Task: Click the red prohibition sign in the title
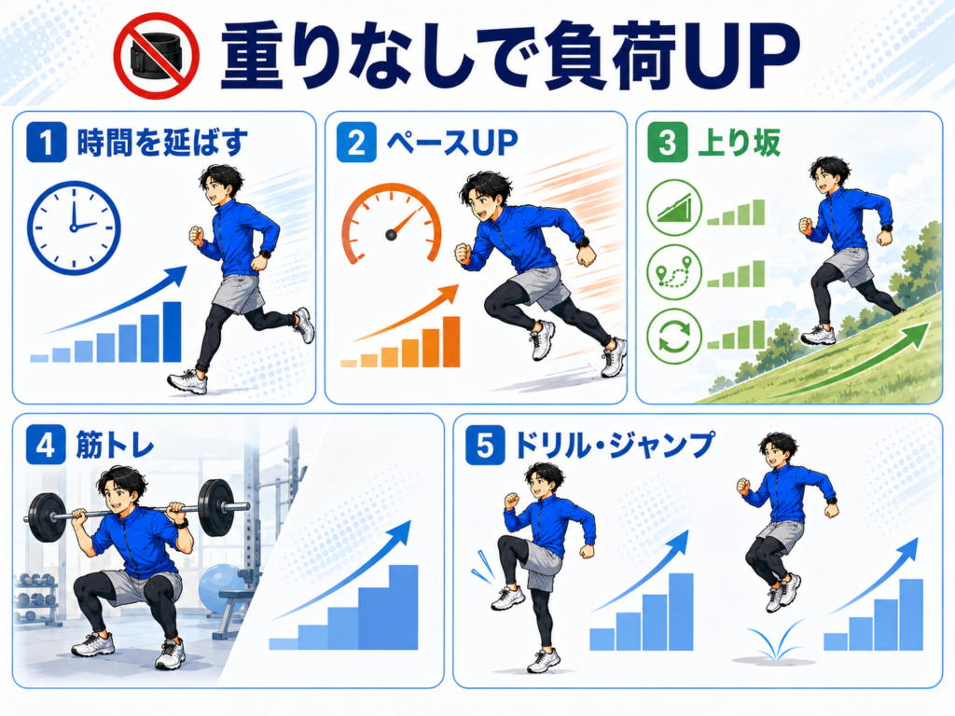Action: [157, 56]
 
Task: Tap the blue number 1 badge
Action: [47, 143]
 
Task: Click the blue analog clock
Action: [74, 227]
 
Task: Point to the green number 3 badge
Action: [668, 143]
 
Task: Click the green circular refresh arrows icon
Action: [674, 337]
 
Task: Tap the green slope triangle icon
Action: [674, 208]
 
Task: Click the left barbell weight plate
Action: [47, 516]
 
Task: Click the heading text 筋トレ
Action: [115, 445]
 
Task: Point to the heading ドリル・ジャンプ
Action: [614, 445]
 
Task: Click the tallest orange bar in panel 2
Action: [451, 341]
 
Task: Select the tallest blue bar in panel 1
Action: [173, 332]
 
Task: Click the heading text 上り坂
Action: [739, 143]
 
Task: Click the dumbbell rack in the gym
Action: [37, 599]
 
